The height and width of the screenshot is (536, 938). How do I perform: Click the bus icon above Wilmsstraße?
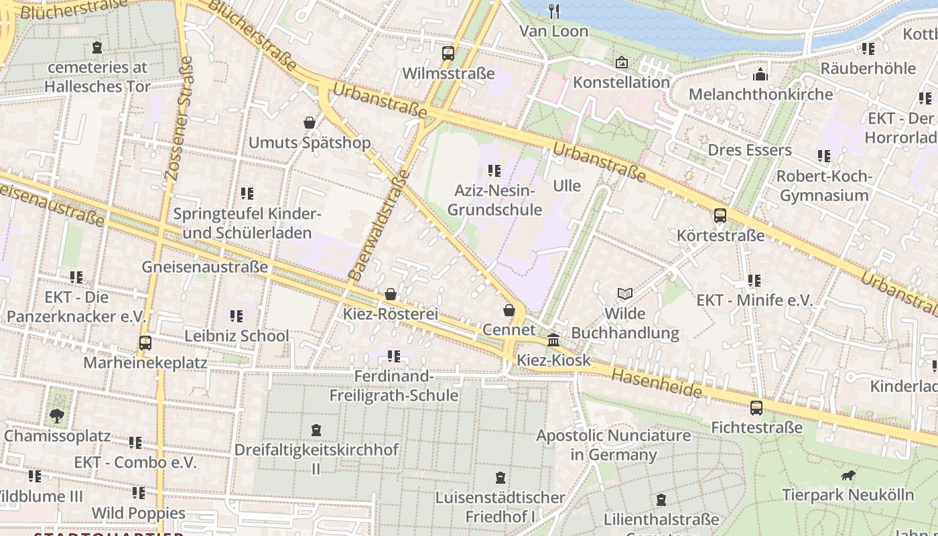point(448,54)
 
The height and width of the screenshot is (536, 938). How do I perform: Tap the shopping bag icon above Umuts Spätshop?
point(310,123)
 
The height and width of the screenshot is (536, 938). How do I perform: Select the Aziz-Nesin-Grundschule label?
point(494,200)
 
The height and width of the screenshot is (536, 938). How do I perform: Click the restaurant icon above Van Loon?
point(554,11)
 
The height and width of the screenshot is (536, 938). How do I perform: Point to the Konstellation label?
point(621,82)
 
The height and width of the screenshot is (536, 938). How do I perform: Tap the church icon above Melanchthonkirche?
point(760,74)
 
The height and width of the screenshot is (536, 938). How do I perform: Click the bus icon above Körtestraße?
point(720,216)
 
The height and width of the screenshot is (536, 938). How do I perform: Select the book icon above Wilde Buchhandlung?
point(624,293)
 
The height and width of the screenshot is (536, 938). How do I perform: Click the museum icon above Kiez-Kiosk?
point(553,340)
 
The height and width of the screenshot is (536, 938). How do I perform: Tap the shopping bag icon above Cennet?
point(509,310)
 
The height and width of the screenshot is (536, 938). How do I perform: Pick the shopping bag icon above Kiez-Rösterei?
point(391,294)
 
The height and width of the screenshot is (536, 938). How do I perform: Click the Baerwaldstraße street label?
point(379,226)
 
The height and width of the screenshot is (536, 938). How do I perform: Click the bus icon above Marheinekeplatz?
point(145,343)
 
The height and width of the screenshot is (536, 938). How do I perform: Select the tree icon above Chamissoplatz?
point(57,416)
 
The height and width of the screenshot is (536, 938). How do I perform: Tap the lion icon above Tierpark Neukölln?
point(848,476)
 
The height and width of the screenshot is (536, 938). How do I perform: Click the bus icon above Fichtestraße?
point(756,407)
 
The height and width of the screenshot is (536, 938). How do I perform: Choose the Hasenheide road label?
point(657,383)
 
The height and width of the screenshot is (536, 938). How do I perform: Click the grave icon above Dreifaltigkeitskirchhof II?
point(316,430)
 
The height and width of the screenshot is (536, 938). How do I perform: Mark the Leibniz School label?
point(237,336)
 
